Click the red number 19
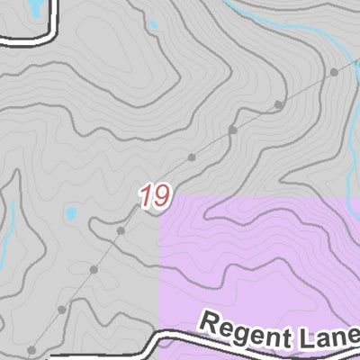[x=155, y=197]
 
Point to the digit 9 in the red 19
[x=161, y=197]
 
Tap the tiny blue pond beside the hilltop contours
[x=153, y=24]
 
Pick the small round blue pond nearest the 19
[x=69, y=214]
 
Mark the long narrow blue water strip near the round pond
[x=12, y=225]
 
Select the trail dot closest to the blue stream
[x=334, y=71]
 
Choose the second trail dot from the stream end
[x=279, y=104]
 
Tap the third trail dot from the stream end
[x=233, y=130]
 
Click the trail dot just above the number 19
[x=191, y=157]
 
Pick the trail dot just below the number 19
[x=121, y=231]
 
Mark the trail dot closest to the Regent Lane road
[x=31, y=349]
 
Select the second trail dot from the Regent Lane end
[x=61, y=310]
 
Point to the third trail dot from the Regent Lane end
[x=94, y=269]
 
